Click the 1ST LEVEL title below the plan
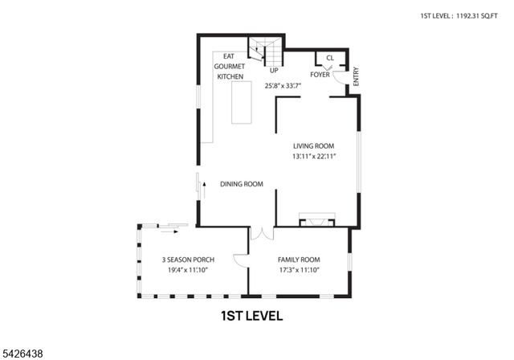[x=251, y=316]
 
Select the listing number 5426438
[x=25, y=352]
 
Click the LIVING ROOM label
[x=313, y=145]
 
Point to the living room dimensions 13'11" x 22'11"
[x=313, y=157]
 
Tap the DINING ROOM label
[x=242, y=184]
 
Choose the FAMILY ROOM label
[x=299, y=260]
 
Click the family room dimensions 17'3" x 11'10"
[x=299, y=270]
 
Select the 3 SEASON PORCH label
[x=187, y=260]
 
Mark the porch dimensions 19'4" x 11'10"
[x=187, y=270]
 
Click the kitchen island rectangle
[x=242, y=101]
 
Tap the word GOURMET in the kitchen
[x=229, y=67]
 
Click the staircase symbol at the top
[x=266, y=52]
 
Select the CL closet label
[x=330, y=58]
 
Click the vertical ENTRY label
[x=356, y=76]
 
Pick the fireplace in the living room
[x=314, y=219]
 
